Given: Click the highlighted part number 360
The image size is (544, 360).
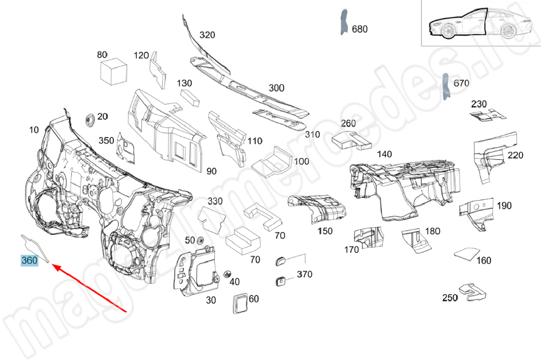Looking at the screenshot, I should coord(29,261).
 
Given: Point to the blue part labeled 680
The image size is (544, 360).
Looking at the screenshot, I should coord(344,22).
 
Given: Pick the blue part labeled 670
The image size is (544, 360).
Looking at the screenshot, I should coord(446,86).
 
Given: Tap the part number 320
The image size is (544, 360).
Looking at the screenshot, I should coord(207,35).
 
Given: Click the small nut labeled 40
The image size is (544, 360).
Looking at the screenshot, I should coord(226,275).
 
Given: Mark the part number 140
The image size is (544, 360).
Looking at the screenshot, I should coord(384,154).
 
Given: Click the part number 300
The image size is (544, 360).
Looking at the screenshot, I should coord(276,88).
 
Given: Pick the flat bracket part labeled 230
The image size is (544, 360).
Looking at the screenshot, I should coord(486,114).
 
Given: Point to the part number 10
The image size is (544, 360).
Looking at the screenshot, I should coord(34,129).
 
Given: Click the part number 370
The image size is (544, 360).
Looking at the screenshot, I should coord(304,275).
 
